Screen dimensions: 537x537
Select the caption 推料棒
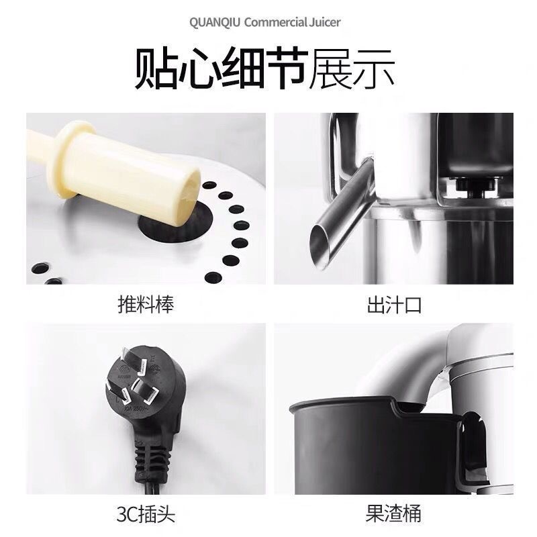pyautogui.click(x=146, y=305)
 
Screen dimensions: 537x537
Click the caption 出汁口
pyautogui.click(x=394, y=305)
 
